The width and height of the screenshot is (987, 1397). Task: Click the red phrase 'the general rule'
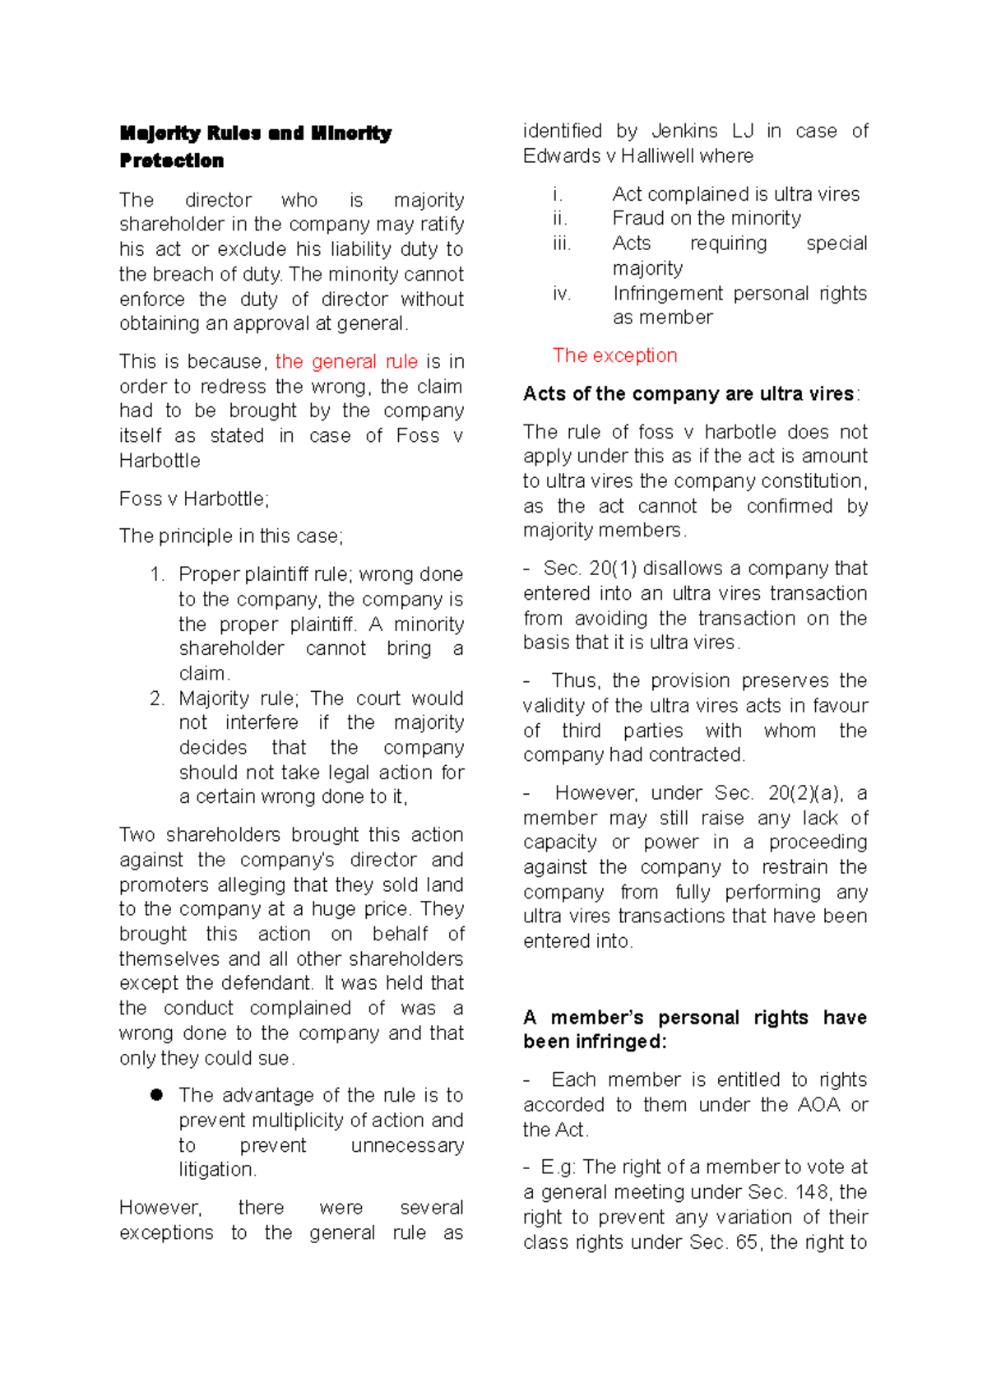coord(346,362)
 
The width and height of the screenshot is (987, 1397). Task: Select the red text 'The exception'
coord(614,355)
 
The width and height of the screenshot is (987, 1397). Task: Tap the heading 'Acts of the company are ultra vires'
coord(688,394)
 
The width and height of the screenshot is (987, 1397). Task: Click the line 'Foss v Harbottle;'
coord(194,499)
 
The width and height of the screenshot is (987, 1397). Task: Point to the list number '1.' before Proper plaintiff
coord(158,574)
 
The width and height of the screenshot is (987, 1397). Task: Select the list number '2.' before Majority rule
coord(158,698)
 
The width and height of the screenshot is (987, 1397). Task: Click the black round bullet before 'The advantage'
coord(156,1095)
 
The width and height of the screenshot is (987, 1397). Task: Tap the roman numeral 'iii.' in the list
coord(562,244)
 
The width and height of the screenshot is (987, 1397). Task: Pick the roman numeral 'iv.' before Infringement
coord(562,294)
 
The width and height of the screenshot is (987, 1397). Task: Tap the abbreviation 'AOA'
coord(819,1105)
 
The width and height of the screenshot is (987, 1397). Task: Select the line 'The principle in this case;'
coord(231,536)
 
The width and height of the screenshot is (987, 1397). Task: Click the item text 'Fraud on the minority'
coord(707,219)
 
